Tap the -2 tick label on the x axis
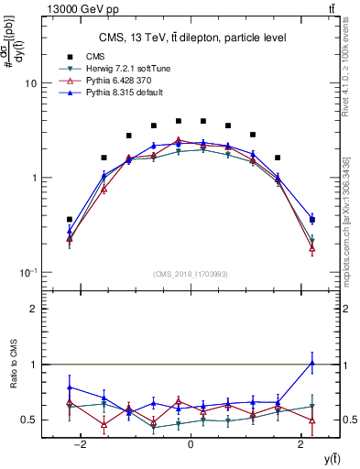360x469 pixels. (81, 445)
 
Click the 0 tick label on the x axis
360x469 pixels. (191, 445)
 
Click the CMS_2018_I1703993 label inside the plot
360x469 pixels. (191, 274)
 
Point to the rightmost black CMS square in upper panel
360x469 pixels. (312, 220)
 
